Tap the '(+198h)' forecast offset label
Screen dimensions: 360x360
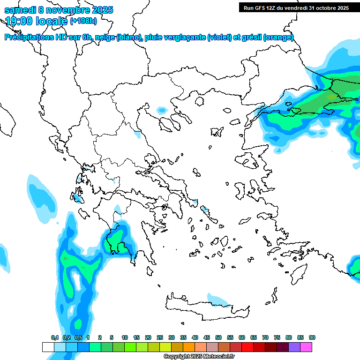tap(83, 21)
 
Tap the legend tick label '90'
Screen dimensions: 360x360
tap(312, 337)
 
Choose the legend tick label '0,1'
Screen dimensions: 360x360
tap(54, 337)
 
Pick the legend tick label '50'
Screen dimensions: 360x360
tap(218, 337)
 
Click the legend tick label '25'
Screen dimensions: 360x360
tap(160, 337)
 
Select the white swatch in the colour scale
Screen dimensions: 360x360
tap(48, 347)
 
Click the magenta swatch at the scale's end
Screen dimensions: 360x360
tap(306, 347)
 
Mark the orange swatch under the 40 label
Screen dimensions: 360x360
tap(189, 347)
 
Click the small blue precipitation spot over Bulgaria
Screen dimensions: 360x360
tap(162, 110)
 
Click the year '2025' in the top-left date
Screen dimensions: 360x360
tap(99, 10)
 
